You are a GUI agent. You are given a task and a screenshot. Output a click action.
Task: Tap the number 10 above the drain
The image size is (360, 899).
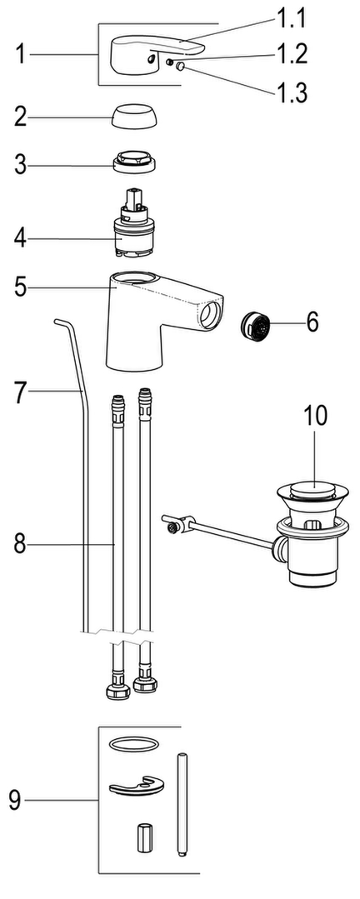click(x=315, y=416)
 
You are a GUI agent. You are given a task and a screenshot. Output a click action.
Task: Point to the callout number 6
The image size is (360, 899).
click(x=312, y=322)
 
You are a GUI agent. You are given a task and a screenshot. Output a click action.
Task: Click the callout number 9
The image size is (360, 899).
click(x=15, y=801)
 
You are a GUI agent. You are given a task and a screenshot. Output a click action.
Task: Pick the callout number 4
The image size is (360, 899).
click(x=20, y=238)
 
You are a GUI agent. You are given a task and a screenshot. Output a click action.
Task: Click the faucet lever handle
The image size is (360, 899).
click(x=152, y=54)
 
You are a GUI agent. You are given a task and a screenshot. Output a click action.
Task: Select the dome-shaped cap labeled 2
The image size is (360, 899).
click(x=136, y=118)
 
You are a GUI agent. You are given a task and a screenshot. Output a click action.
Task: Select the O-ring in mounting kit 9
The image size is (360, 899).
click(x=133, y=744)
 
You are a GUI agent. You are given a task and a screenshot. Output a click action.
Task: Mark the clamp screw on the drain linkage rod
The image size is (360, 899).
click(x=172, y=527)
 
